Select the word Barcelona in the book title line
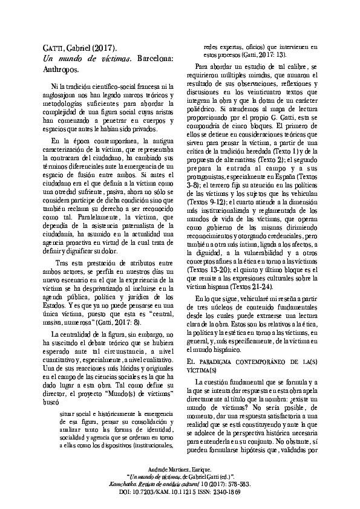point(155,59)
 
